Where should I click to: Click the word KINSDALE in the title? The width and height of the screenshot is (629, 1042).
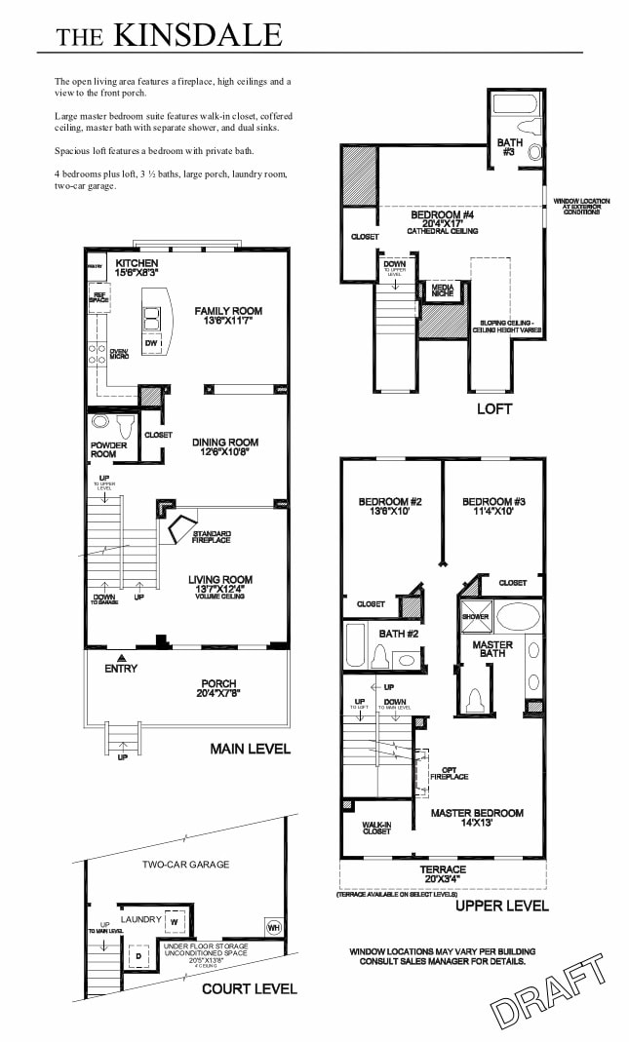tap(198, 35)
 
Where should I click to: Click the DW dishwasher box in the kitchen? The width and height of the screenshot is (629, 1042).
tap(151, 343)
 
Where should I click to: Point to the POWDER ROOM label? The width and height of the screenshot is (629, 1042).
tap(103, 449)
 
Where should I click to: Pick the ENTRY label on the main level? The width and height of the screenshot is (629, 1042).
tap(120, 668)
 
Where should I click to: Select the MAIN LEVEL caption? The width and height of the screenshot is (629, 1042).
tap(250, 750)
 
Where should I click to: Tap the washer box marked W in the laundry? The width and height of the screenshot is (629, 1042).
tap(173, 920)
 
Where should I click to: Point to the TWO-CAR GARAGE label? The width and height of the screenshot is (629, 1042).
tap(185, 865)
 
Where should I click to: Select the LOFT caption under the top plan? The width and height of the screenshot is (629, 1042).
tap(493, 409)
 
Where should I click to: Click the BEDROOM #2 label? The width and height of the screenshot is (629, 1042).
tap(389, 508)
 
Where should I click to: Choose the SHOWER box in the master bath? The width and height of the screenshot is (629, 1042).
tap(476, 616)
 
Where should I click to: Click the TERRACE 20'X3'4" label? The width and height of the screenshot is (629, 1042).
tap(442, 874)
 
